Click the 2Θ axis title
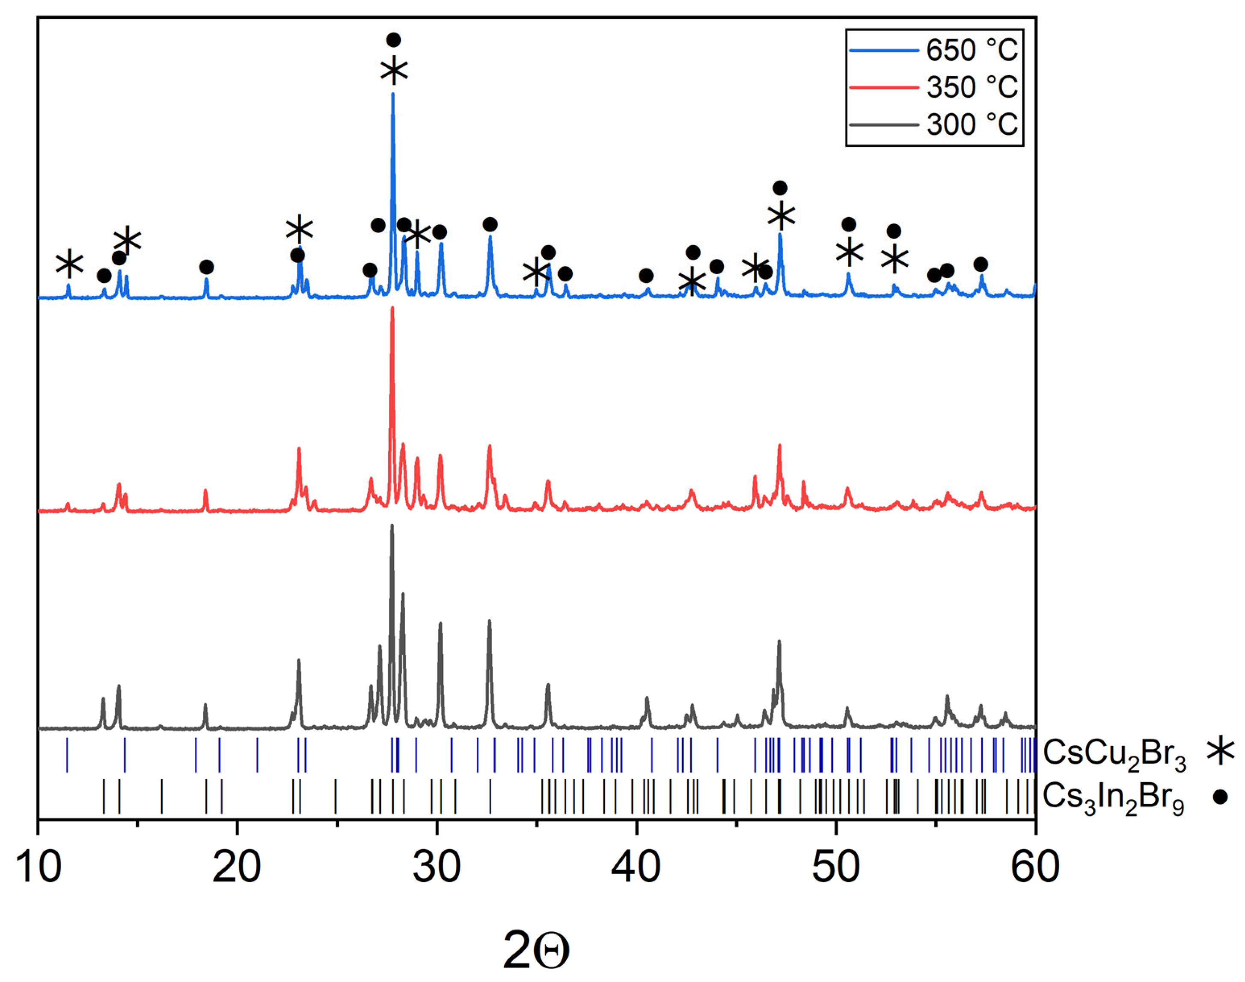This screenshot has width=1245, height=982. [x=536, y=950]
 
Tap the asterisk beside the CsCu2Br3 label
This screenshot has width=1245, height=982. [x=1220, y=751]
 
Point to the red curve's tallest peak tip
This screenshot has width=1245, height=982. [x=392, y=308]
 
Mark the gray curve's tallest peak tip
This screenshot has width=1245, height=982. [x=392, y=525]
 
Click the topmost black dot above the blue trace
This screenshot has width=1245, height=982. [x=393, y=40]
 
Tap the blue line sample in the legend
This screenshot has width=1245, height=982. [x=884, y=50]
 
